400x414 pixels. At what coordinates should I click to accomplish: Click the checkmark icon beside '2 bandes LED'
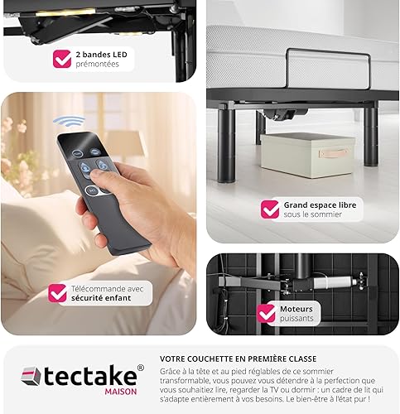click(x=62, y=59)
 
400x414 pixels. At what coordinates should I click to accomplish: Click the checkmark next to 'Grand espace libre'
click(x=270, y=209)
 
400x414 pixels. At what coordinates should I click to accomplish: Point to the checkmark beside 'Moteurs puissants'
click(x=267, y=313)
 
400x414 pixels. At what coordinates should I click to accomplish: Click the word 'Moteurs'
click(x=296, y=309)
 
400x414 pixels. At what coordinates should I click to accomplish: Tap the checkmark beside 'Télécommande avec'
click(x=57, y=293)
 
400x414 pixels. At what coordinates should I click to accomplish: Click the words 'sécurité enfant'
click(x=101, y=298)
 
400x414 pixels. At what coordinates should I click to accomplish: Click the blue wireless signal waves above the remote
click(x=69, y=122)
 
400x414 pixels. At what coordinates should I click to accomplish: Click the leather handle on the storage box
click(x=333, y=153)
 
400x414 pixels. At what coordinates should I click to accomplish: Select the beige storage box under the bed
click(x=307, y=155)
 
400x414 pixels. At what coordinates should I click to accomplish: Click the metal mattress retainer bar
click(x=328, y=52)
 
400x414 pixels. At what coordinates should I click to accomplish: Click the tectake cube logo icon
click(x=31, y=376)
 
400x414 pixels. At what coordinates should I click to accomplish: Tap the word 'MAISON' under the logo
click(x=121, y=392)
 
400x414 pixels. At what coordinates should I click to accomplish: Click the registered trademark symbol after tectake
click(x=140, y=368)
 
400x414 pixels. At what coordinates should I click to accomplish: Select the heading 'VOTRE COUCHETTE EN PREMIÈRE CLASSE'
click(x=238, y=359)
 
